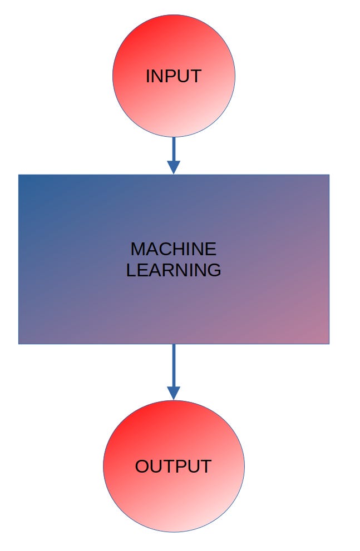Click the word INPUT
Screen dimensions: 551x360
coord(173,76)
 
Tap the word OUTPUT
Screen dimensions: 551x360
coord(173,466)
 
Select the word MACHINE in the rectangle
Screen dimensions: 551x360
coord(173,249)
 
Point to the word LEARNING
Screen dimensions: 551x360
coord(173,270)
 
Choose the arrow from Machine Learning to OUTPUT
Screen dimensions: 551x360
coord(174,367)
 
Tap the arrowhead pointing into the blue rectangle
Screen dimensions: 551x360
coord(174,167)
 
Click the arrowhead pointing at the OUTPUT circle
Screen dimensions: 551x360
coord(174,393)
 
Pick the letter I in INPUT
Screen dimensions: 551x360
coord(147,76)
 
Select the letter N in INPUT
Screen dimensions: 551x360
coord(156,76)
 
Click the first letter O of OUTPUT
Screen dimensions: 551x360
coord(142,466)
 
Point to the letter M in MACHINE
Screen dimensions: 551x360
coord(137,249)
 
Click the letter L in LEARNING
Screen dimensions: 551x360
coord(130,270)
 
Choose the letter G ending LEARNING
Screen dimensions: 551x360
coord(214,270)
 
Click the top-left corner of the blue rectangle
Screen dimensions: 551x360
coord(19,175)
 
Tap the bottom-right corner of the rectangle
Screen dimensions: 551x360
coord(328,343)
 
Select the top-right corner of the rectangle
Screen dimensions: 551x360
coord(328,175)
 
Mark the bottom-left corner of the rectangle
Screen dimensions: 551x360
coord(19,343)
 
